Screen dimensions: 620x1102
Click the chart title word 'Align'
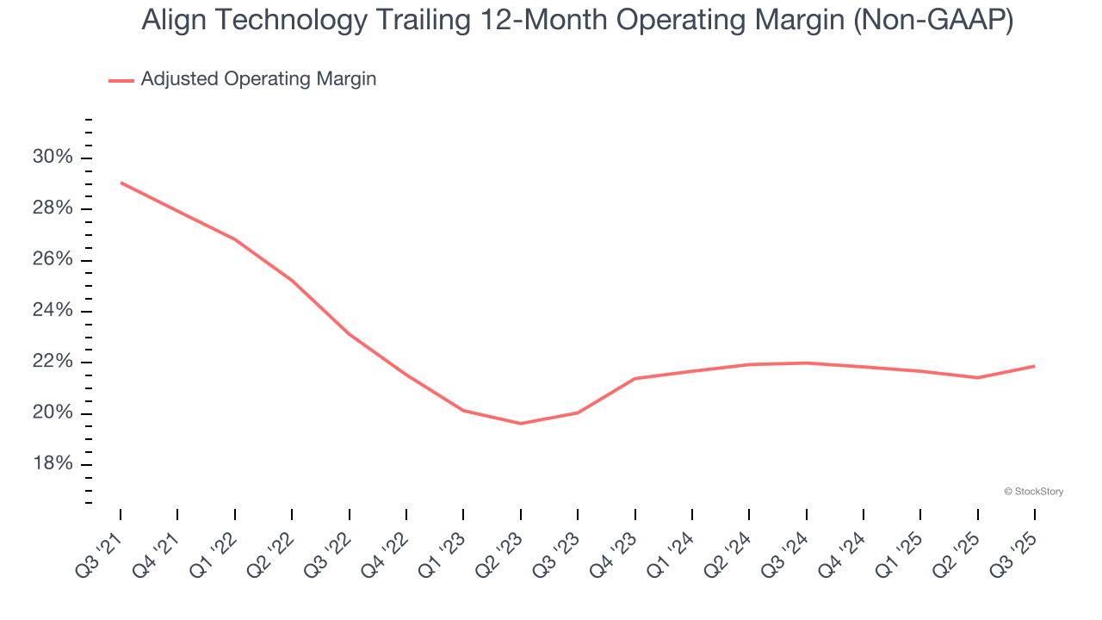[x=176, y=21]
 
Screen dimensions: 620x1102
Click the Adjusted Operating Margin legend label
[x=258, y=79]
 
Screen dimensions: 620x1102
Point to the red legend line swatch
[x=121, y=80]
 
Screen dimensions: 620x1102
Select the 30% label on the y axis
[x=53, y=158]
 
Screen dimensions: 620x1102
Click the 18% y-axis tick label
[x=53, y=464]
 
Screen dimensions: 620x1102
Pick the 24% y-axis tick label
[x=53, y=311]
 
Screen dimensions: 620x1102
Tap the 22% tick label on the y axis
[x=53, y=362]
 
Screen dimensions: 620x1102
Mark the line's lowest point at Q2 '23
[x=521, y=424]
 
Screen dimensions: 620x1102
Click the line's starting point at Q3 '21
[x=121, y=183]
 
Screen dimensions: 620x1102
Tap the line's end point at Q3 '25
[x=1035, y=366]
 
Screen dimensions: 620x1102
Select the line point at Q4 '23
[x=635, y=378]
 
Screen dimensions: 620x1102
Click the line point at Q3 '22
[x=350, y=334]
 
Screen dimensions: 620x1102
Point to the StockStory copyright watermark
[x=1033, y=492]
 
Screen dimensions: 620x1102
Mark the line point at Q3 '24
[x=807, y=363]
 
